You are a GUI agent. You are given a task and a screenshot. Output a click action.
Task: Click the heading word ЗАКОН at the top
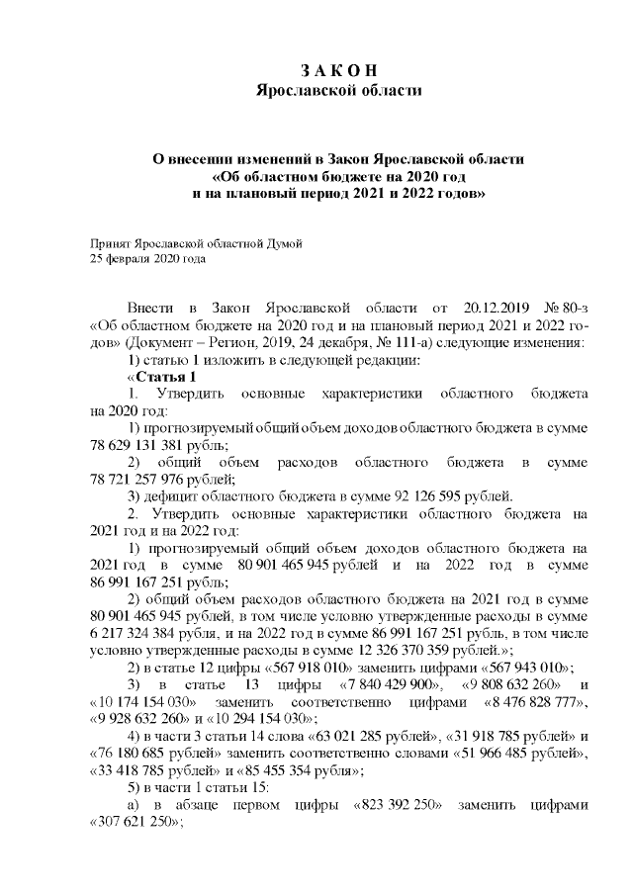[338, 71]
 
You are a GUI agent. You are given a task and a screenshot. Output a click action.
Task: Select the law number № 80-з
[562, 309]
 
